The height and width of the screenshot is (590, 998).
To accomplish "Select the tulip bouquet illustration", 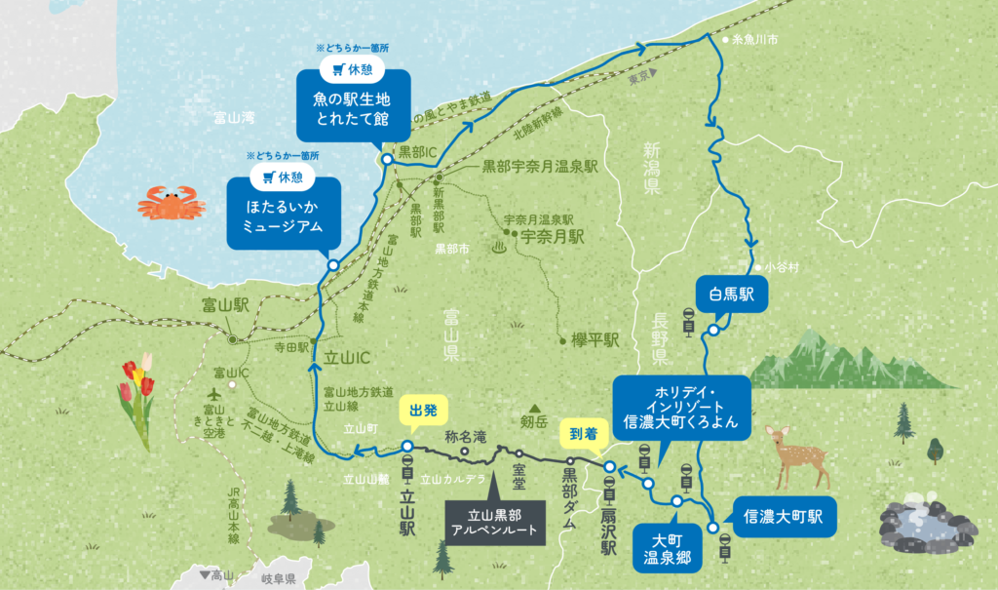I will pos(135,400).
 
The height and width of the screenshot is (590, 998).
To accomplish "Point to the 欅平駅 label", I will pos(596,340).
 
